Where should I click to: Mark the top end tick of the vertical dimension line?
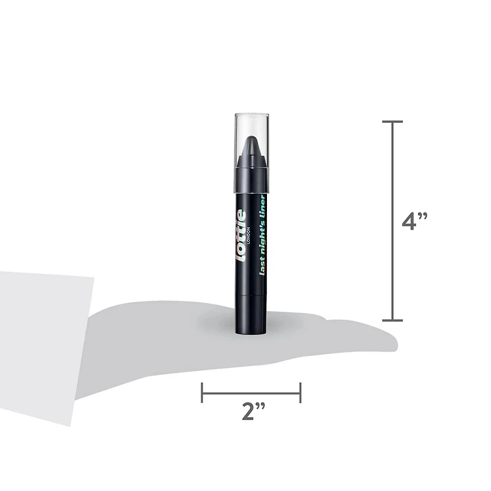click(393, 122)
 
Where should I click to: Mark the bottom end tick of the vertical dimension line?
click(393, 320)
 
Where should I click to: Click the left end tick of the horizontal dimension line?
click(203, 393)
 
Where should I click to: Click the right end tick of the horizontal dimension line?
click(300, 393)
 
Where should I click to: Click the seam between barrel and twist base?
click(252, 293)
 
